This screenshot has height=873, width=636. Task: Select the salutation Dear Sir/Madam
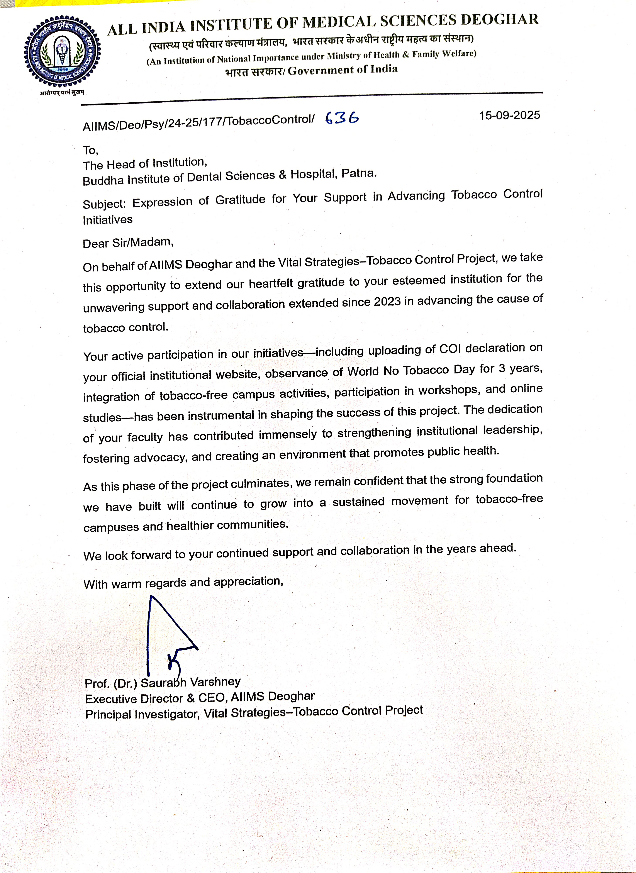click(x=128, y=242)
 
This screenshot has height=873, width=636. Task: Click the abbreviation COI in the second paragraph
click(x=450, y=349)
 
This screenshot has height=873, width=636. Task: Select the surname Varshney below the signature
click(x=215, y=682)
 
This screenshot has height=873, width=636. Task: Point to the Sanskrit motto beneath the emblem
click(x=62, y=93)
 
